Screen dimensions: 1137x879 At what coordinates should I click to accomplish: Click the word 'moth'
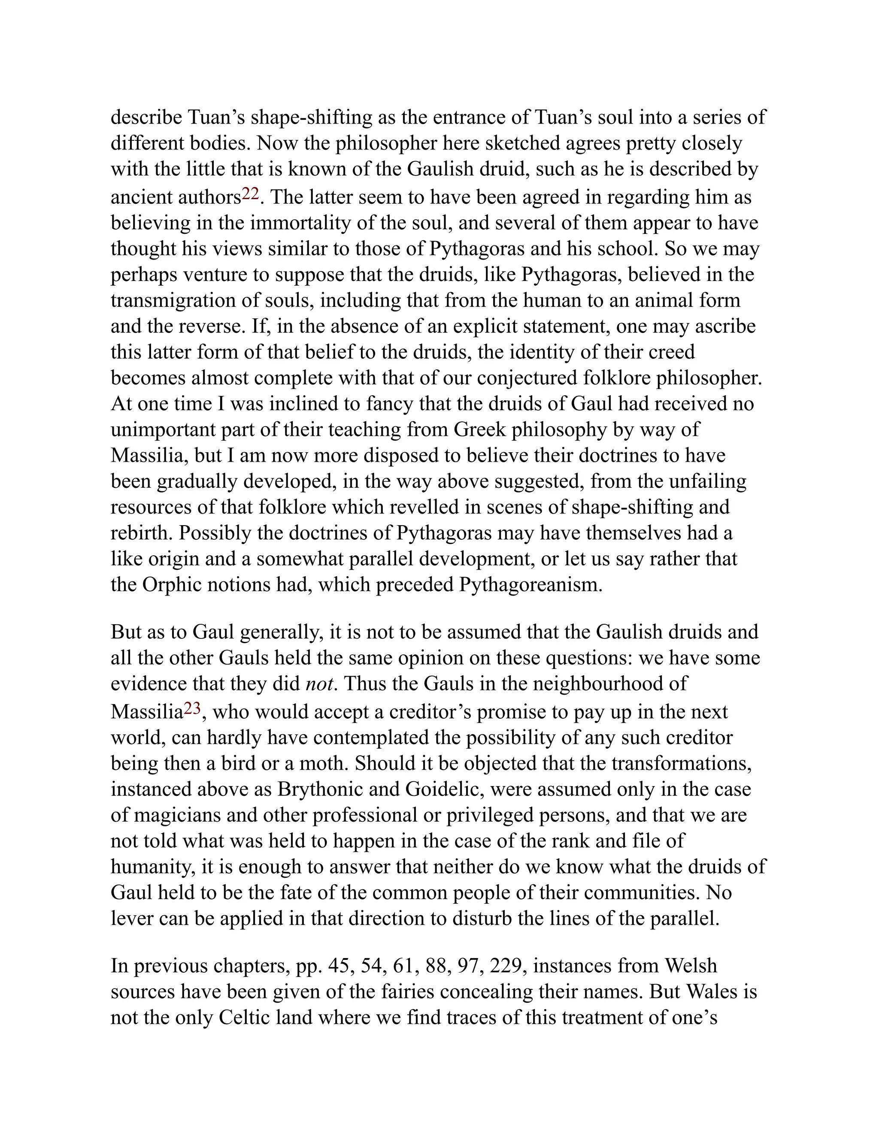[323, 763]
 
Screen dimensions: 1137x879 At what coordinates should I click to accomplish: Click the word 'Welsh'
[691, 966]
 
